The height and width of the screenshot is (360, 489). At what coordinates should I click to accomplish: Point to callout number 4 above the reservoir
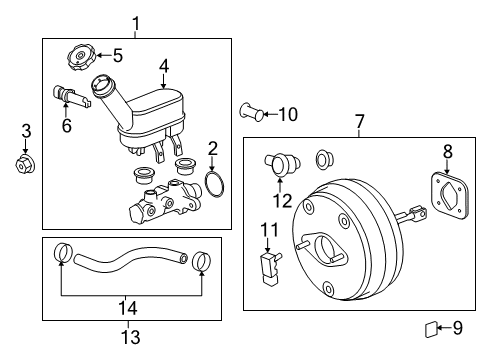point(164,68)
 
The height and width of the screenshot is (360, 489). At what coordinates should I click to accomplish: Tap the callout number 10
point(288,115)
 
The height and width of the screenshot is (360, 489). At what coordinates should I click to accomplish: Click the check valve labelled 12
point(280,162)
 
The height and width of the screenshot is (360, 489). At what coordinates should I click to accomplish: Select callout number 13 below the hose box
point(131,337)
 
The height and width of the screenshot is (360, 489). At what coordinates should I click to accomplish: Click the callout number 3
point(26,130)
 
